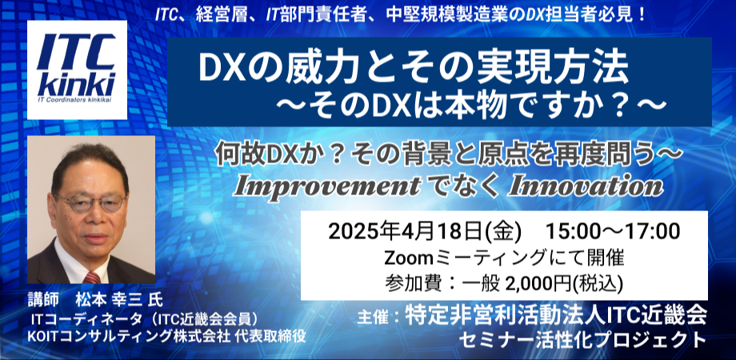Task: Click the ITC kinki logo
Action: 77,70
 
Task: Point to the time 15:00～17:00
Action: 612,231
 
